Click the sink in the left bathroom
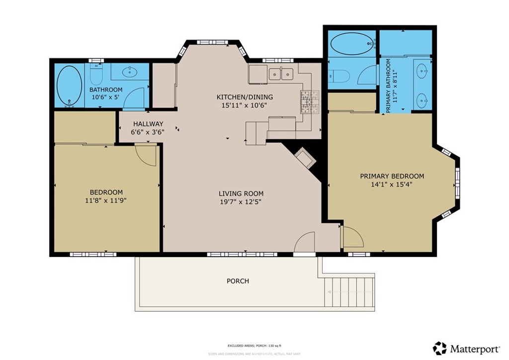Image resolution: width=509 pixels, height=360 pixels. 129,73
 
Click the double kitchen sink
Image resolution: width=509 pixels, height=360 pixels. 281,74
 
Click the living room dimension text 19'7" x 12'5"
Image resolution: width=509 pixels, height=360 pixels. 241,202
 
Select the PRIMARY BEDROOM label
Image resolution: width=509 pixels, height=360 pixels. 392,176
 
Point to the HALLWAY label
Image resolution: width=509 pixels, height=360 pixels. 148,124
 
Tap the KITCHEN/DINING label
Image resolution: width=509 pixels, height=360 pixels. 244,97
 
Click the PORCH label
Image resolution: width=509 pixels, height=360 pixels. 238,281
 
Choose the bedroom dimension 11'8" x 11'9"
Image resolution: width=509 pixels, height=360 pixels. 106,200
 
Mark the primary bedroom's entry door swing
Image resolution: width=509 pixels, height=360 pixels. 352,237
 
